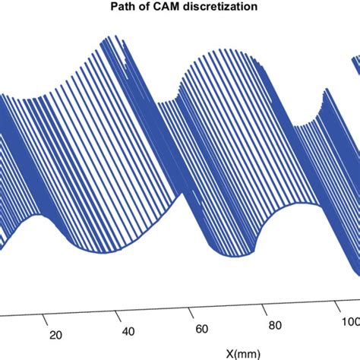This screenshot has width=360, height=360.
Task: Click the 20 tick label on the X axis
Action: pyautogui.click(x=55, y=335)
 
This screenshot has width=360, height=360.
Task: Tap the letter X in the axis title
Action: pyautogui.click(x=230, y=353)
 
